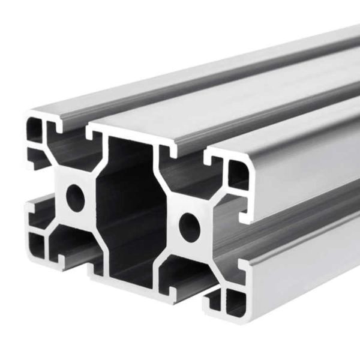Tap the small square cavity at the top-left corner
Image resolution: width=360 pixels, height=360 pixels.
click(35, 131)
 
